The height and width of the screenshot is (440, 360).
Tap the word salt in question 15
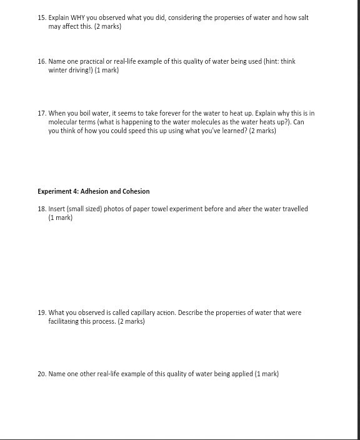click(x=302, y=17)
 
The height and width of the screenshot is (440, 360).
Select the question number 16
click(x=41, y=61)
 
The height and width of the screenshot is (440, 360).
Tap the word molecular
click(x=64, y=122)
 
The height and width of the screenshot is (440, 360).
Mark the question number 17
click(x=41, y=113)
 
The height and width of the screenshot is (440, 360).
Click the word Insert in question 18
click(x=57, y=209)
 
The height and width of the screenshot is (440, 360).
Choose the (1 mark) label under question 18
click(x=61, y=217)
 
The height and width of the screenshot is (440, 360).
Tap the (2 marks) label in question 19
click(x=131, y=321)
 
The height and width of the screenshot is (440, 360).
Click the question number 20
click(x=41, y=374)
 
